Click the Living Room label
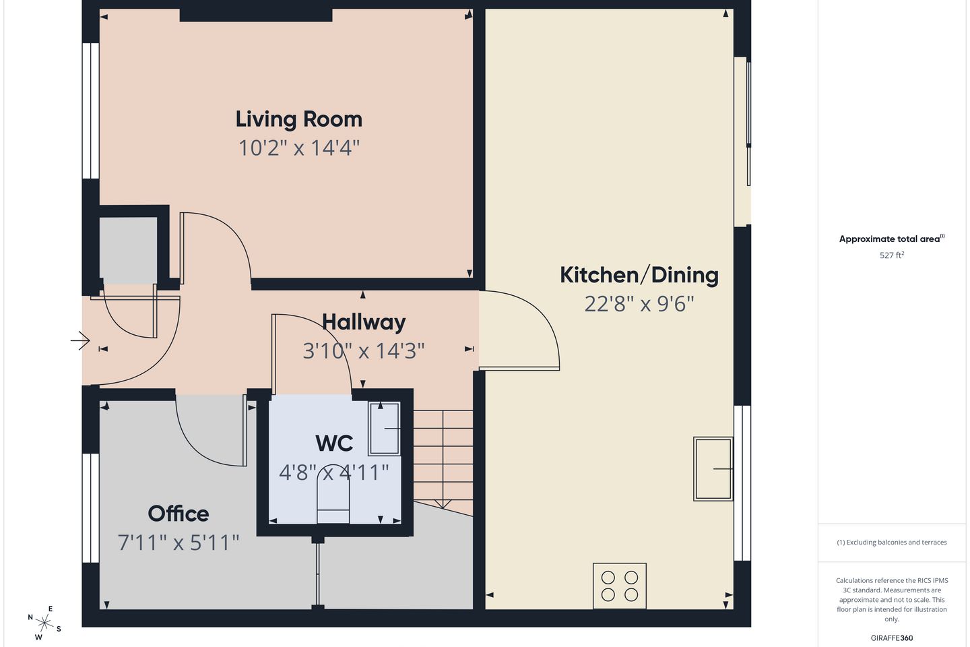click(x=299, y=119)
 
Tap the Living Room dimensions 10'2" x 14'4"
click(x=299, y=148)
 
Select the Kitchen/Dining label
click(x=639, y=275)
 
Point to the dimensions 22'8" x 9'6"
click(x=639, y=304)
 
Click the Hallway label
click(x=364, y=322)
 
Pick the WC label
click(x=334, y=443)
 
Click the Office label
click(x=179, y=514)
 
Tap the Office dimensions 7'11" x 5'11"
click(x=179, y=543)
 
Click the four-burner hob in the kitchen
click(x=620, y=586)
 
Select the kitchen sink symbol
click(x=713, y=469)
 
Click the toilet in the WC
click(x=333, y=497)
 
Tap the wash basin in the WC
click(x=384, y=429)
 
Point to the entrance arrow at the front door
click(x=80, y=340)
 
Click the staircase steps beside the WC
click(x=443, y=460)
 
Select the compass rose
click(x=44, y=623)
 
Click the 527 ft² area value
click(x=892, y=255)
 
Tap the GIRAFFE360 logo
click(x=892, y=638)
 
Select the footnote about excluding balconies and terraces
click(x=892, y=542)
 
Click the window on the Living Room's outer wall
click(x=90, y=111)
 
